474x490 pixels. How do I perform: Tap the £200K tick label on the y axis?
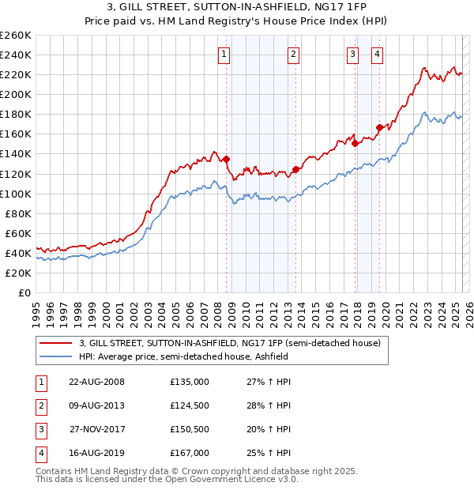pos(16,94)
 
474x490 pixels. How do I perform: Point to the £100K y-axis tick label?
pos(16,194)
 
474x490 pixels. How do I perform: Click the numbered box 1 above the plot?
pos(224,55)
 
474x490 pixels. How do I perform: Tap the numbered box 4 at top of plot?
pos(378,55)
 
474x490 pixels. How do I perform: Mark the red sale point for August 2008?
pos(227,159)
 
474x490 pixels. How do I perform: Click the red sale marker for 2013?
pos(295,169)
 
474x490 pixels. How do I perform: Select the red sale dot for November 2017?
pos(355,143)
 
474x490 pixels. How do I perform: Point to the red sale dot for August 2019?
pos(379,127)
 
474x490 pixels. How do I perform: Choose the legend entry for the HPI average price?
pos(183,357)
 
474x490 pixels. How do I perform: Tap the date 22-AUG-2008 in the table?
pos(96,382)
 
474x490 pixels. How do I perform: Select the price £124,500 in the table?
pos(190,405)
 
